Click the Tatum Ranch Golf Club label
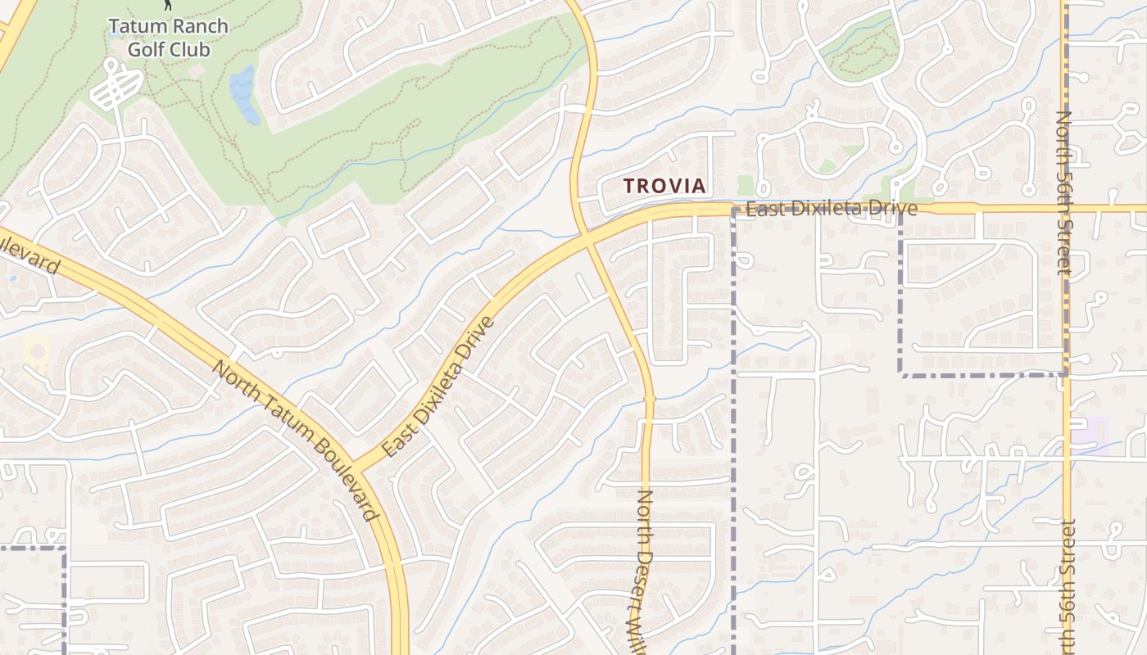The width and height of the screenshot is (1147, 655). tap(169, 38)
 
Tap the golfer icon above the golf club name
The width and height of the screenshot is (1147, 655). tap(169, 5)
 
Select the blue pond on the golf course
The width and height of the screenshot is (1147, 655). tap(244, 93)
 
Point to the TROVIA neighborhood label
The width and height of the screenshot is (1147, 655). tap(664, 186)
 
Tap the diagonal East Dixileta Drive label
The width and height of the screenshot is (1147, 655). tap(438, 387)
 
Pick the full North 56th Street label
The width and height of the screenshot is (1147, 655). tap(1063, 193)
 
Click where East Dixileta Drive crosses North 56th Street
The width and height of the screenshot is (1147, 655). tap(1065, 208)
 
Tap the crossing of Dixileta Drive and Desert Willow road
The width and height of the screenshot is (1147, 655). tap(591, 237)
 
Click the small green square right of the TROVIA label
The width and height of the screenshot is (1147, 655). tap(745, 185)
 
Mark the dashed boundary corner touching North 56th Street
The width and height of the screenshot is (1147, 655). tap(1065, 374)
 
